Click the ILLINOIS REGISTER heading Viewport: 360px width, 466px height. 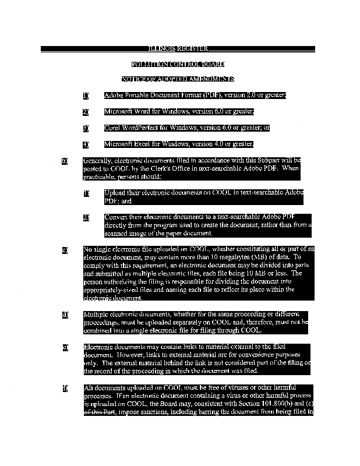click(179, 48)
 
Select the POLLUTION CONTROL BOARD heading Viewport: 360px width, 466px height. click(178, 63)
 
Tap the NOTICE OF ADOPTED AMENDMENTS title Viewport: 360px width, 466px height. click(178, 79)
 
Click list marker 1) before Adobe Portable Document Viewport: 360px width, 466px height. click(86, 96)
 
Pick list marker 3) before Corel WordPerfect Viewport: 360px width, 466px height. click(86, 128)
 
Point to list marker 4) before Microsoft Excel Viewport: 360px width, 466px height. click(86, 144)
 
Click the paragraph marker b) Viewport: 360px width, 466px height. click(65, 160)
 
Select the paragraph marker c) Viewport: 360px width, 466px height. click(65, 250)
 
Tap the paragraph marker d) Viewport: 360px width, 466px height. click(65, 315)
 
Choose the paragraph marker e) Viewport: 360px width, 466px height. click(65, 348)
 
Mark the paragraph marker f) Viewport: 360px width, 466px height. click(65, 388)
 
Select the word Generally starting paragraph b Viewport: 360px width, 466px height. click(98, 160)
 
